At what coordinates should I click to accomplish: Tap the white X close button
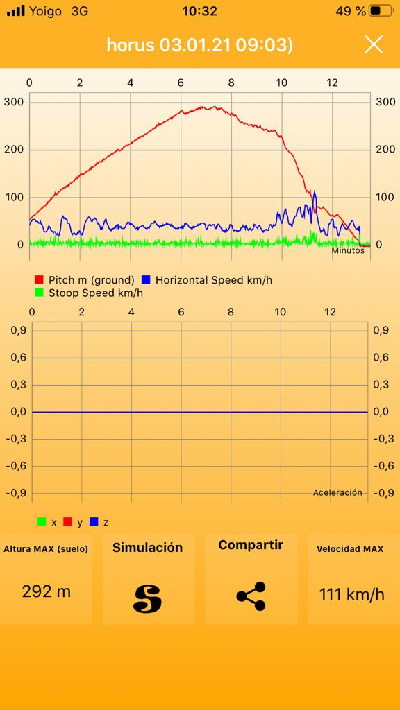click(x=374, y=44)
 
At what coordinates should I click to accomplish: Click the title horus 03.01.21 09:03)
click(x=199, y=45)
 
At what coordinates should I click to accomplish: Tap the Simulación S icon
click(x=147, y=598)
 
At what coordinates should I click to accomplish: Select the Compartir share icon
click(x=251, y=596)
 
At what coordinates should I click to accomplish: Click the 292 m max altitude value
click(x=47, y=591)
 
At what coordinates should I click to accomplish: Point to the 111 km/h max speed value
click(x=351, y=594)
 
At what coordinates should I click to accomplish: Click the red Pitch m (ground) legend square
click(x=39, y=280)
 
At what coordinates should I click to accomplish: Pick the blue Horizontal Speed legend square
click(x=146, y=280)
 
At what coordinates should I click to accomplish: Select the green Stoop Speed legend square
click(x=39, y=293)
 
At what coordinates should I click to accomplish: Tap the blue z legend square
click(x=94, y=522)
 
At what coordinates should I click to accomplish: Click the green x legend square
click(x=42, y=522)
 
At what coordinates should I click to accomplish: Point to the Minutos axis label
click(x=348, y=250)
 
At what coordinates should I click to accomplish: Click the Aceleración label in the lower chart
click(x=337, y=492)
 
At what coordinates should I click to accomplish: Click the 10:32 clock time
click(x=199, y=11)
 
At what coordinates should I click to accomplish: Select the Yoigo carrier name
click(x=46, y=11)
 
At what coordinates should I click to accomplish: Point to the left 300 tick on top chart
click(x=14, y=102)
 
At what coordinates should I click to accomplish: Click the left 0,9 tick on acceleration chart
click(x=18, y=331)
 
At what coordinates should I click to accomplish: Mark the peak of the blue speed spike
click(x=315, y=191)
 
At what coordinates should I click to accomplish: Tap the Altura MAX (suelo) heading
click(x=46, y=549)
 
